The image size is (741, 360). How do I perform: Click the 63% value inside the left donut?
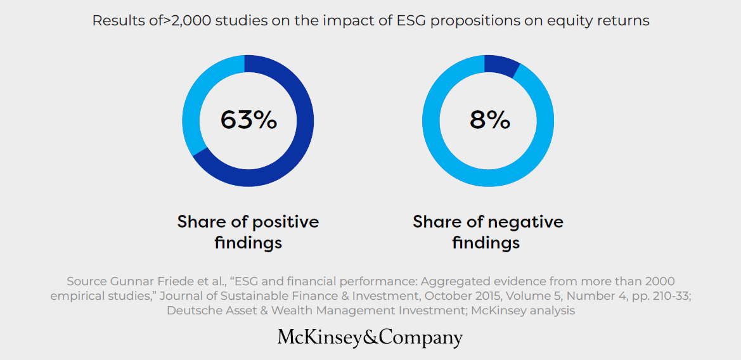point(248,120)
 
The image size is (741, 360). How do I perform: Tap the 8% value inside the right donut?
point(489,120)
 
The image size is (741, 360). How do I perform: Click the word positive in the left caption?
point(285,222)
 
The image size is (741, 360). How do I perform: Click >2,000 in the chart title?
point(188,20)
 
